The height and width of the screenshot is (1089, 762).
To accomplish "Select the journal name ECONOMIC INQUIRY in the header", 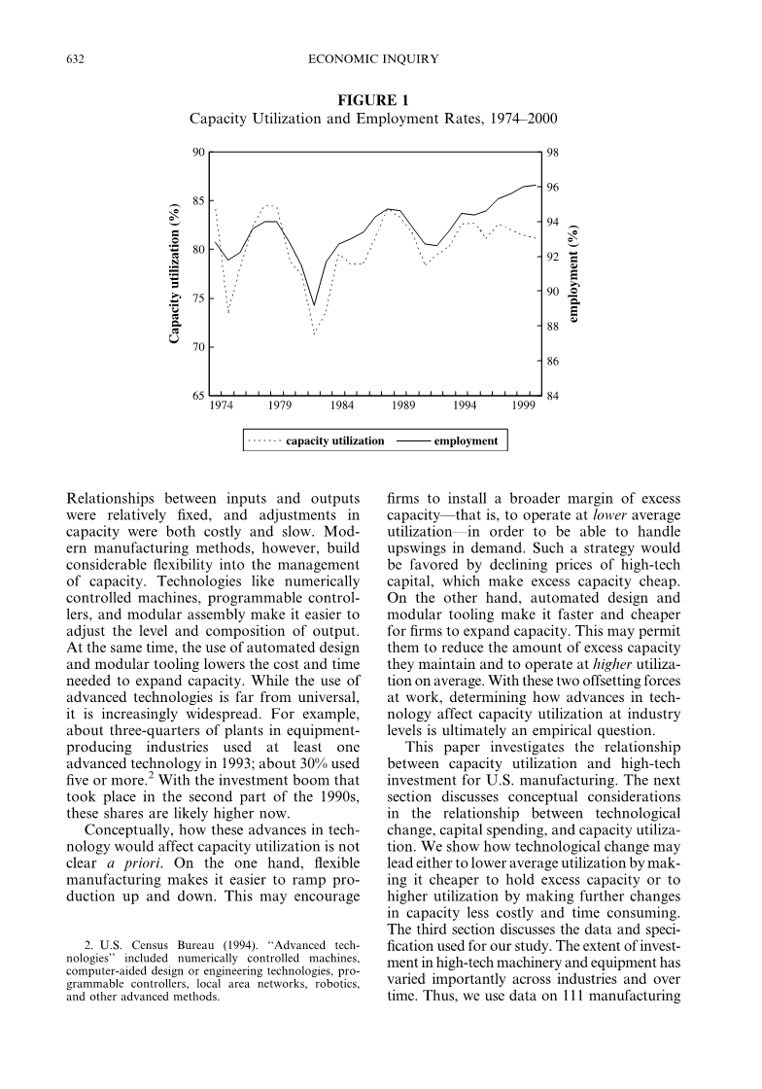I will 372,60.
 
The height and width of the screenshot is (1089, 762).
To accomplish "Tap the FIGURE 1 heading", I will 372,100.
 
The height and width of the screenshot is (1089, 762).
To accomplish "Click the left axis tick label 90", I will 197,153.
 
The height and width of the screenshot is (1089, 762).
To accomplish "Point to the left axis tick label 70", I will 197,347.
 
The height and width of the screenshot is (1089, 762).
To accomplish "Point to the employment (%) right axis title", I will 574,273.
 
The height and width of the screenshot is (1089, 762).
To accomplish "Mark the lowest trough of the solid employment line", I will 314,305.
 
